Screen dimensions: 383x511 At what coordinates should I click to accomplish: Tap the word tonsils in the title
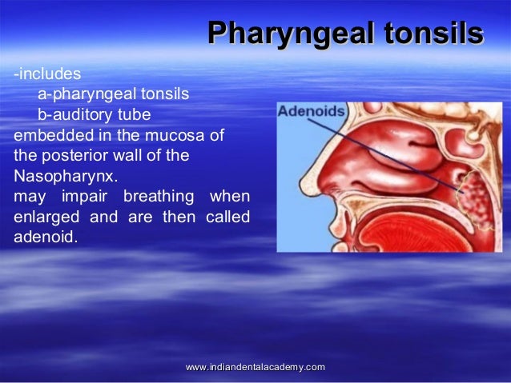pos(433,34)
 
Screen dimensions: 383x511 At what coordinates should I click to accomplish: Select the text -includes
pos(46,74)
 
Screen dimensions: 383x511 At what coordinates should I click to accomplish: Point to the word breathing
pos(157,197)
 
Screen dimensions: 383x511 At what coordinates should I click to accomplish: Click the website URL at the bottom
pos(255,366)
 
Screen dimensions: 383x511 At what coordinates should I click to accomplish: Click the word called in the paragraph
pos(227,217)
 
